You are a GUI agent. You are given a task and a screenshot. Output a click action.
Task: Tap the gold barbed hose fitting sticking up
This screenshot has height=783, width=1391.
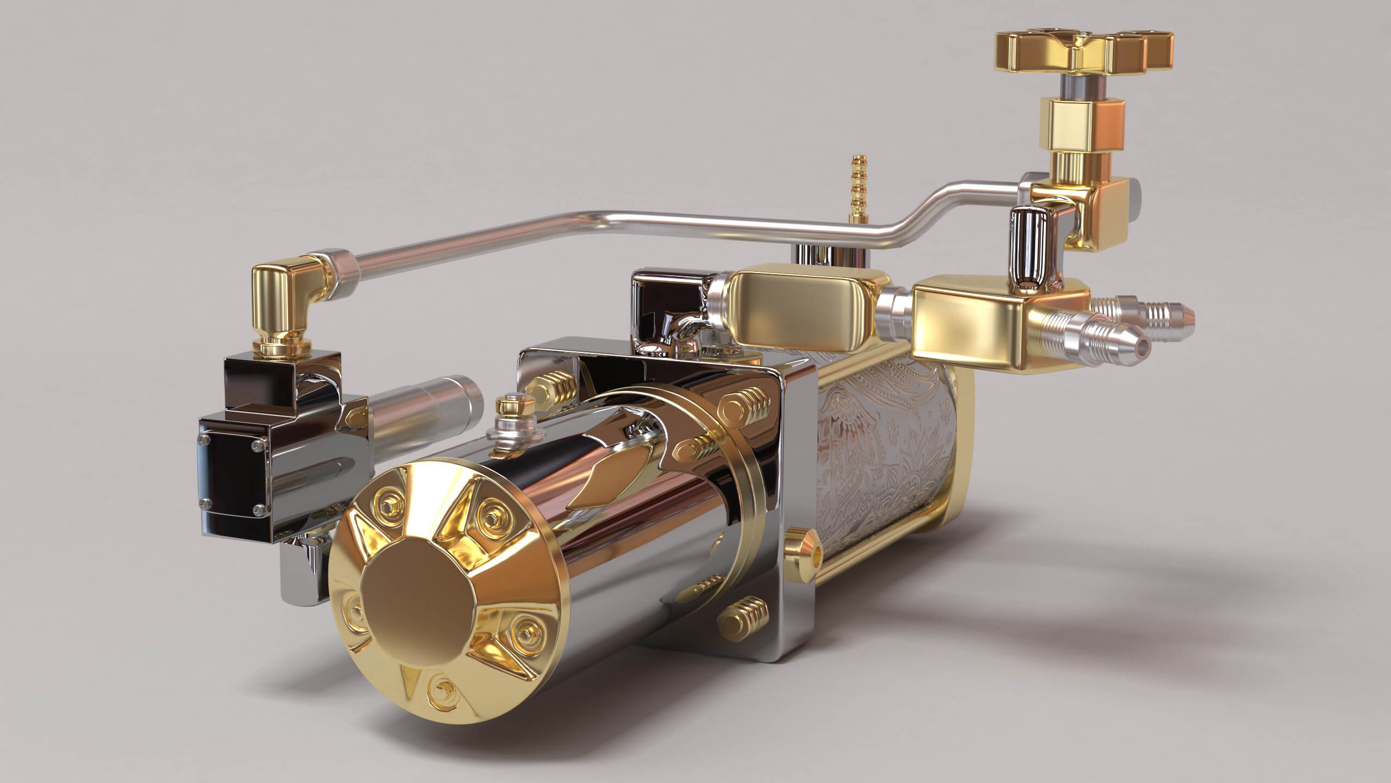[857, 190]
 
